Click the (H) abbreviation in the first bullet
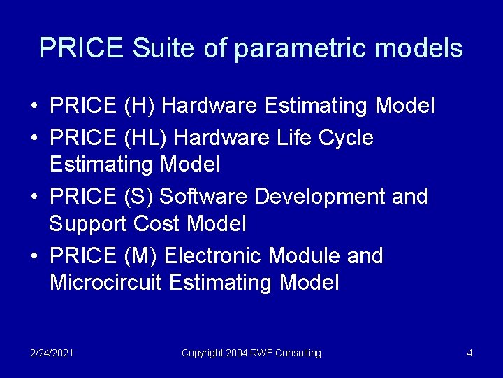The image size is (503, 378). [x=139, y=106]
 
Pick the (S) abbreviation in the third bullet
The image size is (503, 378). [x=138, y=197]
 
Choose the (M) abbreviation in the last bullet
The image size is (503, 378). [x=140, y=256]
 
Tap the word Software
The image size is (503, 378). [x=204, y=197]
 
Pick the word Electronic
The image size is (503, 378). [x=213, y=256]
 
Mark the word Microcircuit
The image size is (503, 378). [x=106, y=283]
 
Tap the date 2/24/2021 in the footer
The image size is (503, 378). [x=52, y=353]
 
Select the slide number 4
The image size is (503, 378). [x=470, y=353]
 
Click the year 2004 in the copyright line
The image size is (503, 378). [x=238, y=353]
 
